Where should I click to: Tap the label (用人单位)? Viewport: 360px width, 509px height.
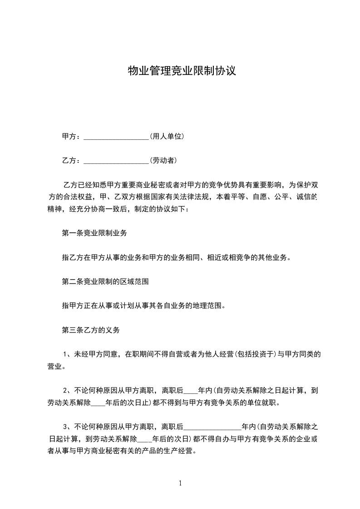(x=167, y=136)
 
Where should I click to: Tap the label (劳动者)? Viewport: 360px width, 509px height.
(x=163, y=160)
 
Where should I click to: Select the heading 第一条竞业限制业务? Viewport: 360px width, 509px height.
(x=94, y=233)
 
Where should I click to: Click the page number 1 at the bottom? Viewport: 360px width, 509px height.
(x=180, y=483)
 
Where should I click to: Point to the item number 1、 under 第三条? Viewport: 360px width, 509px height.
(x=68, y=354)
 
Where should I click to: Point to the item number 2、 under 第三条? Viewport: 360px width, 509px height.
(x=68, y=390)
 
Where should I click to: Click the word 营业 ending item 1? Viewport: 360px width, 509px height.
(x=54, y=366)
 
